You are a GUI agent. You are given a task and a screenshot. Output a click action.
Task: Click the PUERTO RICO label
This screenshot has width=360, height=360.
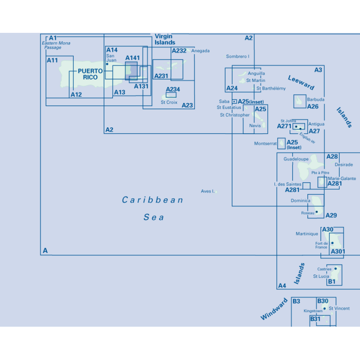(x=90, y=74)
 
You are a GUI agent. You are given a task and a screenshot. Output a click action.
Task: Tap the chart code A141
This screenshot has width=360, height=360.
(x=132, y=58)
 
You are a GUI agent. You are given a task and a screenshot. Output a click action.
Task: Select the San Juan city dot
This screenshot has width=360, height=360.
(x=107, y=64)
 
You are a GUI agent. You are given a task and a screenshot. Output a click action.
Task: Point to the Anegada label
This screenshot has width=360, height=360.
(x=200, y=51)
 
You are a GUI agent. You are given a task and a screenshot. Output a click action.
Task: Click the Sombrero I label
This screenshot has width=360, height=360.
(x=238, y=57)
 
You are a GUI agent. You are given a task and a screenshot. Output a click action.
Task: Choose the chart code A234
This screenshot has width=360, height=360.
(x=173, y=89)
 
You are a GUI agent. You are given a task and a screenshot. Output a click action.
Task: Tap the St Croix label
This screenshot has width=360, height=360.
(x=169, y=103)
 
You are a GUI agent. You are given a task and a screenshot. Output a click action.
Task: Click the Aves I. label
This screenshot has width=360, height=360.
(x=207, y=191)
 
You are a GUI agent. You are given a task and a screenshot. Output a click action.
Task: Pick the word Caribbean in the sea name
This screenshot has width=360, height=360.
(x=153, y=200)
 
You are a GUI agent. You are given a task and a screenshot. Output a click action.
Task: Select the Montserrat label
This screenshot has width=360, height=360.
(x=265, y=144)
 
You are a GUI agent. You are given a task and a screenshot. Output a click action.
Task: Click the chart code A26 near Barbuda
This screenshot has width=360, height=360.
(x=313, y=107)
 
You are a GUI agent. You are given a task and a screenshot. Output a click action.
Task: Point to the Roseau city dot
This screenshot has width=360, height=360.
(x=317, y=212)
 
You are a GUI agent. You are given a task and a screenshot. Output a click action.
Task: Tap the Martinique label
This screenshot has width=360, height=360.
(x=307, y=234)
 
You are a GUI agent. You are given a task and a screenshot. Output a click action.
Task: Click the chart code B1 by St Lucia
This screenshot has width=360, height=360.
(x=332, y=282)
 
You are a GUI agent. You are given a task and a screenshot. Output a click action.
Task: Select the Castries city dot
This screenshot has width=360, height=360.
(x=336, y=269)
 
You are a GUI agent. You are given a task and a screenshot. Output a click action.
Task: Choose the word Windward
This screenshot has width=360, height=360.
(x=274, y=309)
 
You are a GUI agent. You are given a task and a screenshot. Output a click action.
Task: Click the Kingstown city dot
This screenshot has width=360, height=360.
(x=324, y=309)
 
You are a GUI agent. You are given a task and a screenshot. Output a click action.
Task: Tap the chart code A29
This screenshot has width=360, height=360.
(x=331, y=216)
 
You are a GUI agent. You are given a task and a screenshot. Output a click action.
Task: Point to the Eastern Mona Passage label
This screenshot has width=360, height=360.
(x=56, y=45)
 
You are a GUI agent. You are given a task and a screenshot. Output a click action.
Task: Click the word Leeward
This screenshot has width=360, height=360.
(x=301, y=82)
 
